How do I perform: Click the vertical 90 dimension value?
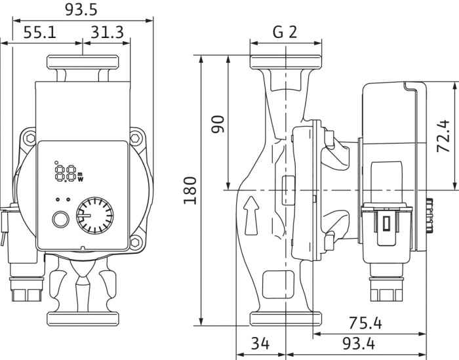pos(218,124)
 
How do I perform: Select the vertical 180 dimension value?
pos(190,190)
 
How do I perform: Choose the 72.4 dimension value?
pos(443,136)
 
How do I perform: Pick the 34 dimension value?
pos(260,344)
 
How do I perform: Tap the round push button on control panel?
pos(60,219)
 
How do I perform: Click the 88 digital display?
pos(65,174)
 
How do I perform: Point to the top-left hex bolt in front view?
pos(30,138)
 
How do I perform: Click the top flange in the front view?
pos(82,63)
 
